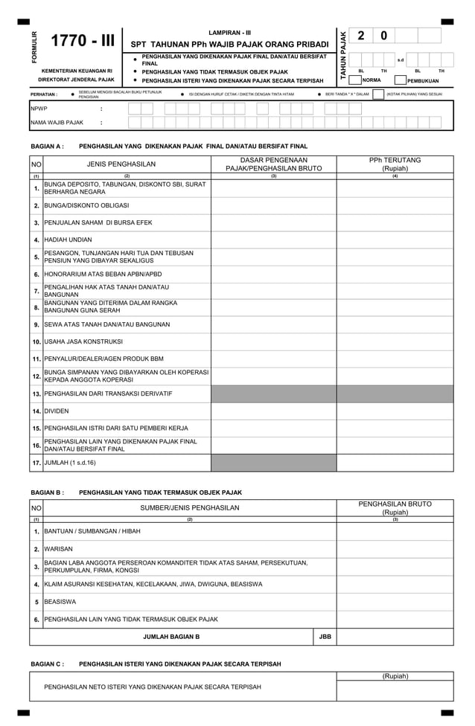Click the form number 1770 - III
coord(82,41)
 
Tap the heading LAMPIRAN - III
coord(229,33)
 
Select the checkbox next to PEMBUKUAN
coord(401,80)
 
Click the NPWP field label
coord(38,109)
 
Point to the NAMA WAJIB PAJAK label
coord(57,123)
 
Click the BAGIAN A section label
coord(47,147)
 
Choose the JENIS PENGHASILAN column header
coord(121,164)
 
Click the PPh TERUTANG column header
coord(395,164)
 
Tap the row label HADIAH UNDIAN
coord(68,240)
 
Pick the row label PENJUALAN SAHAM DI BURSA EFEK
coord(98,222)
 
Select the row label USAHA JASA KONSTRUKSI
coord(83,341)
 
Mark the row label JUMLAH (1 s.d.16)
coord(70,463)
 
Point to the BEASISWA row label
coord(60,602)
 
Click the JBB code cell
coord(325,637)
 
